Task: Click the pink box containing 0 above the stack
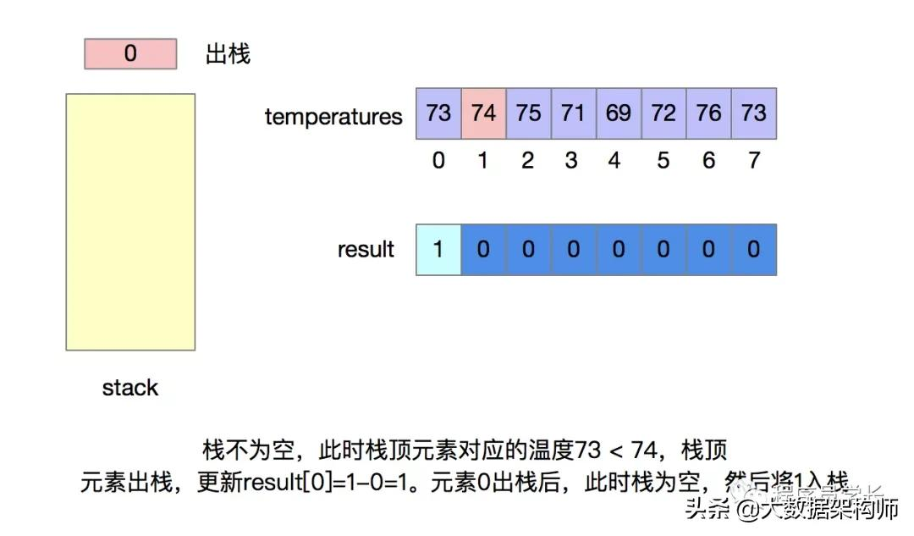click(x=130, y=54)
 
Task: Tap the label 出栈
click(x=228, y=55)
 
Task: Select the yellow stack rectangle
click(x=130, y=221)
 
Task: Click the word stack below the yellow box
click(x=130, y=388)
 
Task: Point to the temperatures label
click(x=333, y=116)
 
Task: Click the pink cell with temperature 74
click(x=483, y=113)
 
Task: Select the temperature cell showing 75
click(x=528, y=113)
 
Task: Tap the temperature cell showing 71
click(x=573, y=113)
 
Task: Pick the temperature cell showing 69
click(x=619, y=113)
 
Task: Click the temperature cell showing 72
click(x=663, y=113)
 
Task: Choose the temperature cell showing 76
click(x=708, y=113)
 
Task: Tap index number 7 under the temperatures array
click(x=753, y=160)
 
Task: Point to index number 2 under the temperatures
click(x=528, y=160)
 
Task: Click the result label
click(x=366, y=250)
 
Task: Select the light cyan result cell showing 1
click(x=438, y=250)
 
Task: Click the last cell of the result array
click(x=753, y=250)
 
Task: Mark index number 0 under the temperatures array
click(x=438, y=160)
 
